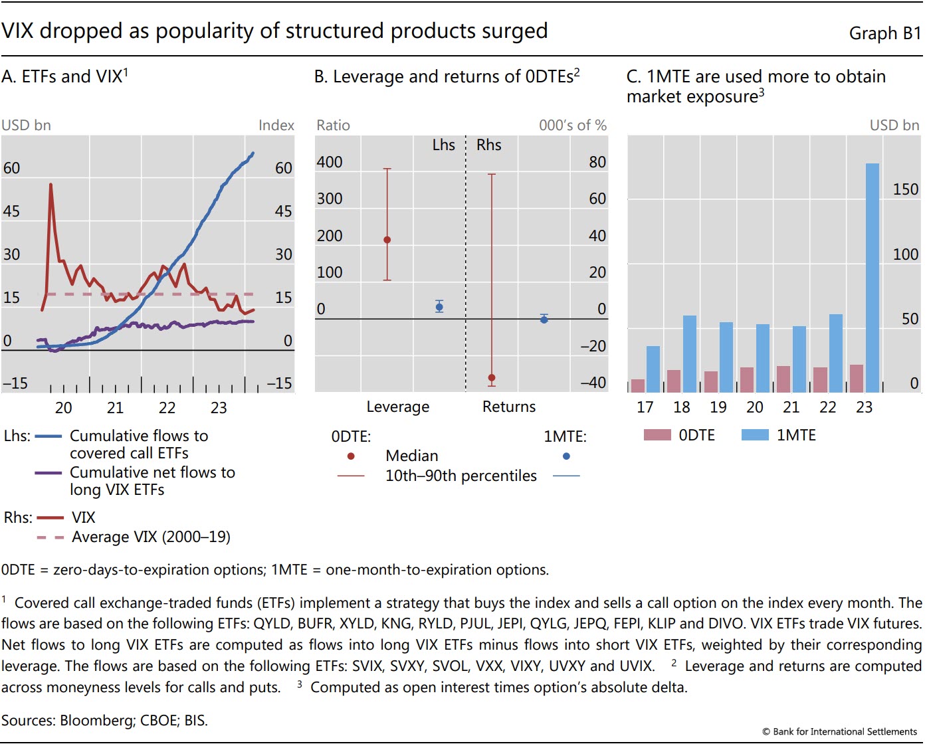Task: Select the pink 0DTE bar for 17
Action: (638, 385)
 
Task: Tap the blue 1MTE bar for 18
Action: (690, 353)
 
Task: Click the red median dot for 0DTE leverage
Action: (387, 240)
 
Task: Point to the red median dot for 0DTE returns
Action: (492, 378)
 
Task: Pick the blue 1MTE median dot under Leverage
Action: (439, 307)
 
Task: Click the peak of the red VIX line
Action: (51, 185)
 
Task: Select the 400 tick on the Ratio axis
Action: (330, 162)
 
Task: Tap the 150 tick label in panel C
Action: (905, 189)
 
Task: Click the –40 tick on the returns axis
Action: (593, 383)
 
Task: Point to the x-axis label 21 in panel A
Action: (116, 408)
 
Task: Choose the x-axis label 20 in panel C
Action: (755, 407)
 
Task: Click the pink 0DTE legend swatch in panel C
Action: (657, 435)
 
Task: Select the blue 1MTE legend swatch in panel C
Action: (755, 435)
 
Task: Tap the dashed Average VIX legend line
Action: (51, 537)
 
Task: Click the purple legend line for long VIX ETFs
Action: (48, 473)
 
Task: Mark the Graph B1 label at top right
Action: (884, 33)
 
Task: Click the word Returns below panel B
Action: (509, 407)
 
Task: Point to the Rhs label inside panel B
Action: (489, 145)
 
